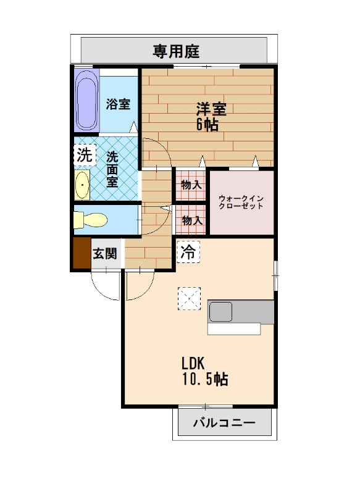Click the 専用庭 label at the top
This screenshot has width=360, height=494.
(176, 51)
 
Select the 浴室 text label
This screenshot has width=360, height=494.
(118, 104)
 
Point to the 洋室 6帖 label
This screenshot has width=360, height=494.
(209, 115)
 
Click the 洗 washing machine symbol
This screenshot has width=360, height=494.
(84, 155)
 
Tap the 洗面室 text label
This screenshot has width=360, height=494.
(112, 169)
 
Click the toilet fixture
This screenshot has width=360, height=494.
(90, 219)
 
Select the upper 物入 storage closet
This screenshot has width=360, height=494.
(191, 184)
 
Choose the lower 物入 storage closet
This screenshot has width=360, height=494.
(191, 219)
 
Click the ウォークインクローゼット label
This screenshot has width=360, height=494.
(241, 202)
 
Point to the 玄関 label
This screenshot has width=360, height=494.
(105, 253)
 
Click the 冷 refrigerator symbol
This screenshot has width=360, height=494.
(188, 251)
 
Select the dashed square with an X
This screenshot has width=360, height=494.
(190, 299)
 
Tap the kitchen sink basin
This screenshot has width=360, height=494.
(220, 312)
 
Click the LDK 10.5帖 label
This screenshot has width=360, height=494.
(204, 371)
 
